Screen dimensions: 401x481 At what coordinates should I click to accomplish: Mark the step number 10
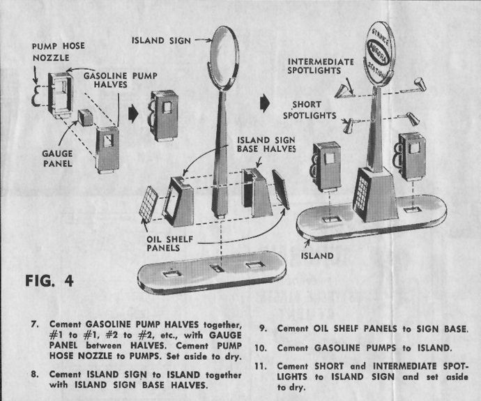[262, 347]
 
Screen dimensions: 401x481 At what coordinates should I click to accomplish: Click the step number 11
[262, 365]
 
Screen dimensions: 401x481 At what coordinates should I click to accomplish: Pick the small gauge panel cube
[86, 117]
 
